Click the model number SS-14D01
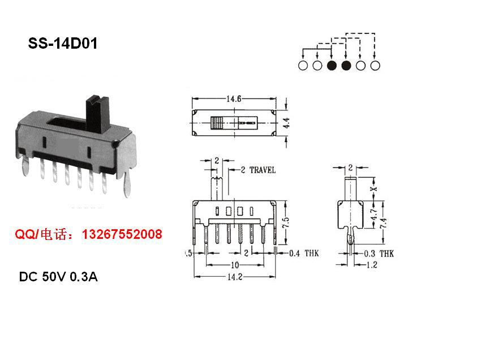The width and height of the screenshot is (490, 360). pyautogui.click(x=63, y=44)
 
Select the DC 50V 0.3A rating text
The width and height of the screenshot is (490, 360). pyautogui.click(x=58, y=277)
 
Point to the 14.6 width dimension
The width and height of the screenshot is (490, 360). pyautogui.click(x=234, y=99)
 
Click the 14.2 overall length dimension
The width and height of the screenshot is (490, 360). pyautogui.click(x=234, y=277)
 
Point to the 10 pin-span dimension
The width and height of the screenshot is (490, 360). pyautogui.click(x=234, y=265)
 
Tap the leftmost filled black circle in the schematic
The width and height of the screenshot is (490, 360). pyautogui.click(x=332, y=66)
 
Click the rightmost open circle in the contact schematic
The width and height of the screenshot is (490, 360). pyautogui.click(x=375, y=66)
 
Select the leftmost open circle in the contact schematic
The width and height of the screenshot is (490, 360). pyautogui.click(x=303, y=66)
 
